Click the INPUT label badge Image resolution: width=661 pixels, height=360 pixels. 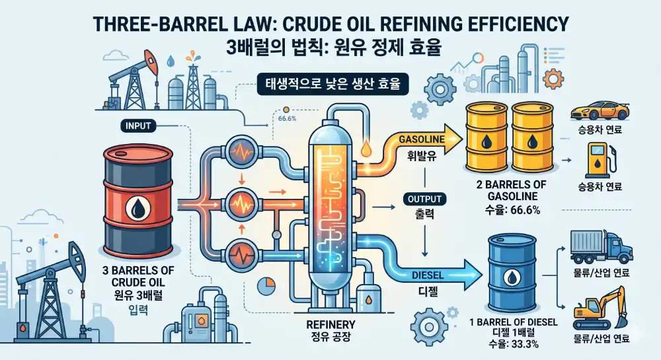point(138,126)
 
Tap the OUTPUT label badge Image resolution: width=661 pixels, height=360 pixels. point(424,199)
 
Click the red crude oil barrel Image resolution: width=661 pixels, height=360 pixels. point(138,200)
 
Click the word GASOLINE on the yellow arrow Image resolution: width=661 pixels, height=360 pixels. point(422,139)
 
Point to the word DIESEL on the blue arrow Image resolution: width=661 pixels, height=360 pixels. point(428,275)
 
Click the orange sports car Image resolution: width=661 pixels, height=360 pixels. point(600,110)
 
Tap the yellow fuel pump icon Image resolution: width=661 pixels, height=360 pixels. point(600,161)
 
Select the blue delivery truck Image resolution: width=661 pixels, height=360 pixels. point(601,247)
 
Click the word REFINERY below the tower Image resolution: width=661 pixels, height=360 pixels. point(330,324)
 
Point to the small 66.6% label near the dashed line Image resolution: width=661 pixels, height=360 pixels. point(287,118)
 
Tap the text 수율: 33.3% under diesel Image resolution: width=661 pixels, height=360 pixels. point(514,344)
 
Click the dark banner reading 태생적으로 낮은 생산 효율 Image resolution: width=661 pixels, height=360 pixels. point(332,84)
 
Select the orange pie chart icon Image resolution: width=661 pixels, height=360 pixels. point(266,286)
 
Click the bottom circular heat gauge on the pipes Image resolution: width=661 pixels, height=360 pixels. point(241,254)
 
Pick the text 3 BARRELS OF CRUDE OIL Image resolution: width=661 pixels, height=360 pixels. point(138,276)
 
